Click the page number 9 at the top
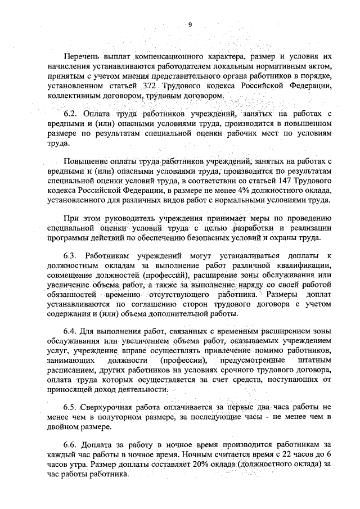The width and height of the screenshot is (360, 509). coord(190,24)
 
